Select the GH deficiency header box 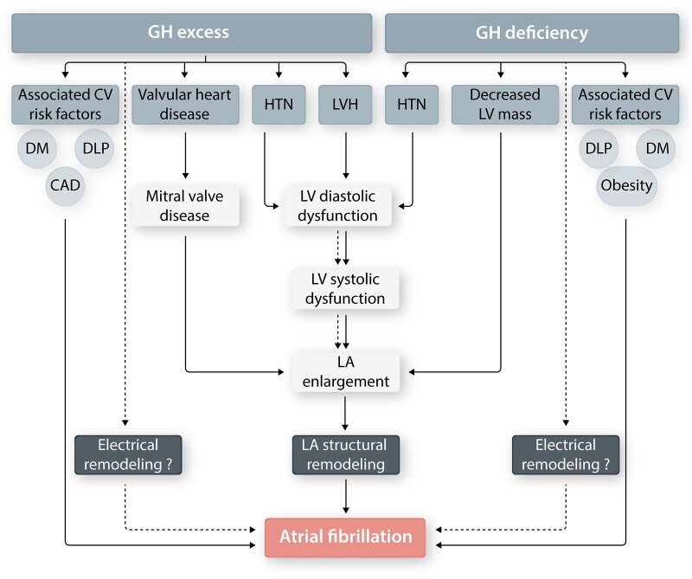click(532, 34)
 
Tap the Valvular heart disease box click(185, 104)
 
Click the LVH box click(346, 104)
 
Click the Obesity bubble click(625, 185)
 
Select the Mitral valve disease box click(186, 205)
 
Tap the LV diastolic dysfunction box click(339, 205)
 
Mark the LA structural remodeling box click(346, 454)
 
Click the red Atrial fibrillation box click(346, 537)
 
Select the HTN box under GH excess click(279, 104)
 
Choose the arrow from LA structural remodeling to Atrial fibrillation click(346, 496)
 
